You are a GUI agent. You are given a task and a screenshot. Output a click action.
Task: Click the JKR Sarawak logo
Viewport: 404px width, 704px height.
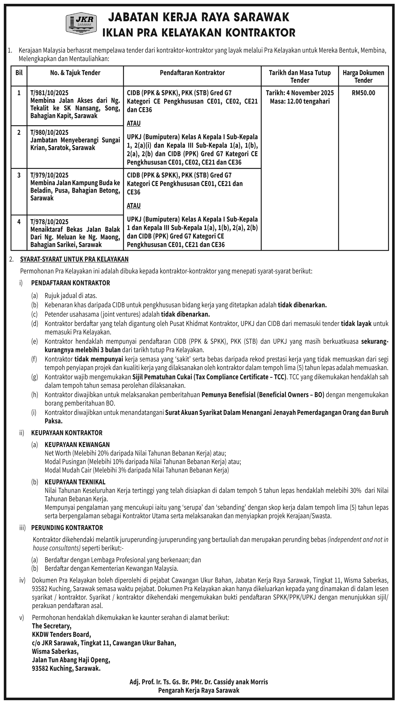click(81, 23)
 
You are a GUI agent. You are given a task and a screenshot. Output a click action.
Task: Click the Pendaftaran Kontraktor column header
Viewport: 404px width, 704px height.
click(192, 73)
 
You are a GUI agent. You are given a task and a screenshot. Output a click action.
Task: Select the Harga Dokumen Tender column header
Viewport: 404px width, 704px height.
click(363, 76)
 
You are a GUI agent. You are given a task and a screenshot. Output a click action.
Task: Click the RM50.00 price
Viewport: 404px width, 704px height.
click(363, 93)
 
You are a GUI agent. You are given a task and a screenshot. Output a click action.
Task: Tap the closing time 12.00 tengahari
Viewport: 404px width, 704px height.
click(300, 101)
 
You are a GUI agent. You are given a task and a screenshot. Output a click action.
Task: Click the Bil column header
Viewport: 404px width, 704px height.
click(19, 73)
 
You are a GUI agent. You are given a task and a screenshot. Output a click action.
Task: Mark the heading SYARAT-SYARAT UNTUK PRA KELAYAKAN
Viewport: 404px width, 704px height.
click(74, 259)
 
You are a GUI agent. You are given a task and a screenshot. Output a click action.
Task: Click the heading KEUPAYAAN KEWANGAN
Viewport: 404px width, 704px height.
click(77, 445)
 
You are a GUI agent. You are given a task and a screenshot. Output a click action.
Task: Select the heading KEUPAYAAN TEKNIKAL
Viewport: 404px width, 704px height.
click(75, 482)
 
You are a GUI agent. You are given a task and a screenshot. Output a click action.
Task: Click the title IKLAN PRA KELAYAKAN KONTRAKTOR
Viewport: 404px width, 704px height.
click(199, 33)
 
